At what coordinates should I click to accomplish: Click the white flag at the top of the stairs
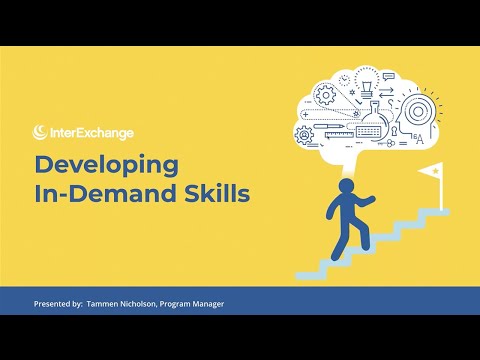click(x=431, y=174)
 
